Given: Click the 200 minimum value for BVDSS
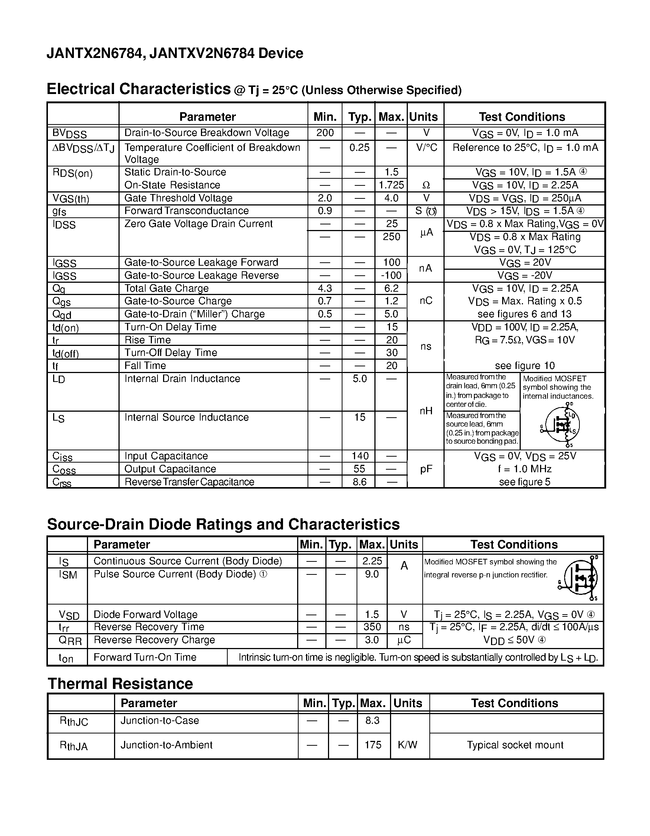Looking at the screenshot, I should point(325,133).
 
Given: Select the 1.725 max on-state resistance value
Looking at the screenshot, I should point(391,185).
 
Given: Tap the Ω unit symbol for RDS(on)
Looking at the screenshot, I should point(426,185).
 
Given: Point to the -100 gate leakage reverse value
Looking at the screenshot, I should point(391,275).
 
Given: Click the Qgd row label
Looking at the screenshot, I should point(62,315).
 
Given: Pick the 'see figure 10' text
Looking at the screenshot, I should point(524,366).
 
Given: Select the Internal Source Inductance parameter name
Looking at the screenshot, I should point(186,417).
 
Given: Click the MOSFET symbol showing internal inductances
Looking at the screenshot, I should point(562,425).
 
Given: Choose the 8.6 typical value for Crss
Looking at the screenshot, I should point(360,482).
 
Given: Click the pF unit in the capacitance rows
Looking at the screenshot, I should point(426,469).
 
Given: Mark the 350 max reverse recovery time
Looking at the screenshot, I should point(372,626).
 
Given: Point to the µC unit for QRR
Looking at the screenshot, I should point(404,639).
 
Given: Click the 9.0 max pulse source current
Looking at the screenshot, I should point(372,574).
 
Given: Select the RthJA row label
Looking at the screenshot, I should point(74,746).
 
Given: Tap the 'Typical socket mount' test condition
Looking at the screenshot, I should point(515,745).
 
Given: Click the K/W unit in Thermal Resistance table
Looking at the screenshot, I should point(407,745).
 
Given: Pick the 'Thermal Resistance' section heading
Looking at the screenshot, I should point(120,684).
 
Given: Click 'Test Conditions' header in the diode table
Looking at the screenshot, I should point(514,544).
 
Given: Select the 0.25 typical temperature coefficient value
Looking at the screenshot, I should point(359,148).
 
